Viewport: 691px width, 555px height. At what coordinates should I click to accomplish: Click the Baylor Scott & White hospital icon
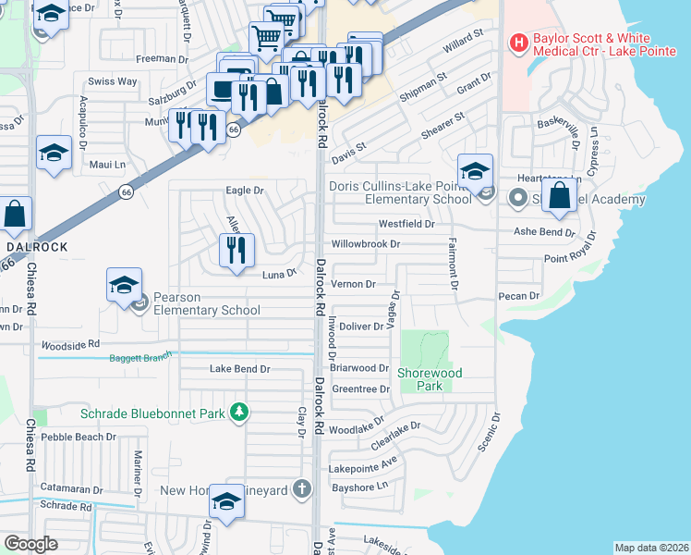(518, 43)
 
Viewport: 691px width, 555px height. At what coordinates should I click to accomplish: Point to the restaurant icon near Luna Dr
(237, 251)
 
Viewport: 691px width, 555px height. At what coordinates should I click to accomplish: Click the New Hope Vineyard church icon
(301, 489)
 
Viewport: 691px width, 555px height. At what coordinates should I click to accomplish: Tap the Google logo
(30, 544)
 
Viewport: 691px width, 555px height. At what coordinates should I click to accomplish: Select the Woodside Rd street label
(69, 343)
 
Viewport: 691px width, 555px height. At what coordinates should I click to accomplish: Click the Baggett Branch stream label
(139, 358)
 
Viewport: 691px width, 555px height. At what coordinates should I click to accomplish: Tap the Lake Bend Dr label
(239, 368)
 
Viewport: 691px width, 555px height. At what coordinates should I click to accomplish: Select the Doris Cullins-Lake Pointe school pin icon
(475, 173)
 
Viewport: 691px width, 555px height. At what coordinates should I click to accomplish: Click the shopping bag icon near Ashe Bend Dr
(560, 196)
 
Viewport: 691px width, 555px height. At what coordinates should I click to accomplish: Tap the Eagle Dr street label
(245, 191)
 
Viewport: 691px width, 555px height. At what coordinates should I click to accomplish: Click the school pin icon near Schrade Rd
(225, 503)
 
